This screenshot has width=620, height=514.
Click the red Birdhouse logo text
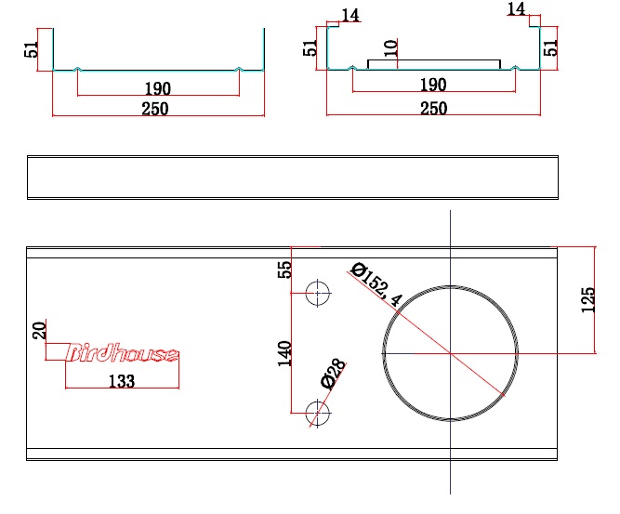point(123,353)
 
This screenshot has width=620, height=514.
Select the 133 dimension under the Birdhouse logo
point(122,380)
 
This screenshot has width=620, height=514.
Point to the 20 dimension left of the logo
point(39,330)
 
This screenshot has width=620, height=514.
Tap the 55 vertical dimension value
point(285,270)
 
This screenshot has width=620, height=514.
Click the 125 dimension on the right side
point(587,299)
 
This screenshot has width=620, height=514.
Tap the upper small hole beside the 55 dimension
point(318,293)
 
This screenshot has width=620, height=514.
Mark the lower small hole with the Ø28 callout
point(318,412)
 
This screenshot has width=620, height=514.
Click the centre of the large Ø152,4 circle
point(451,353)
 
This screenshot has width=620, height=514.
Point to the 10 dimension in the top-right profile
point(390,49)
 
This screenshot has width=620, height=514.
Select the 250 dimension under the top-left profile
point(155,109)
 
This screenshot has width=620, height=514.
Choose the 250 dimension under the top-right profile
point(433,109)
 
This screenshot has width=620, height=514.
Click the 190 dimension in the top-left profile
point(158,89)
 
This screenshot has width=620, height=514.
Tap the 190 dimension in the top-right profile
point(433,86)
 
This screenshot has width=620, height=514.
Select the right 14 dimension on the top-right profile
point(517,9)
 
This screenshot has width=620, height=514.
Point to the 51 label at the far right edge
point(551,46)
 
